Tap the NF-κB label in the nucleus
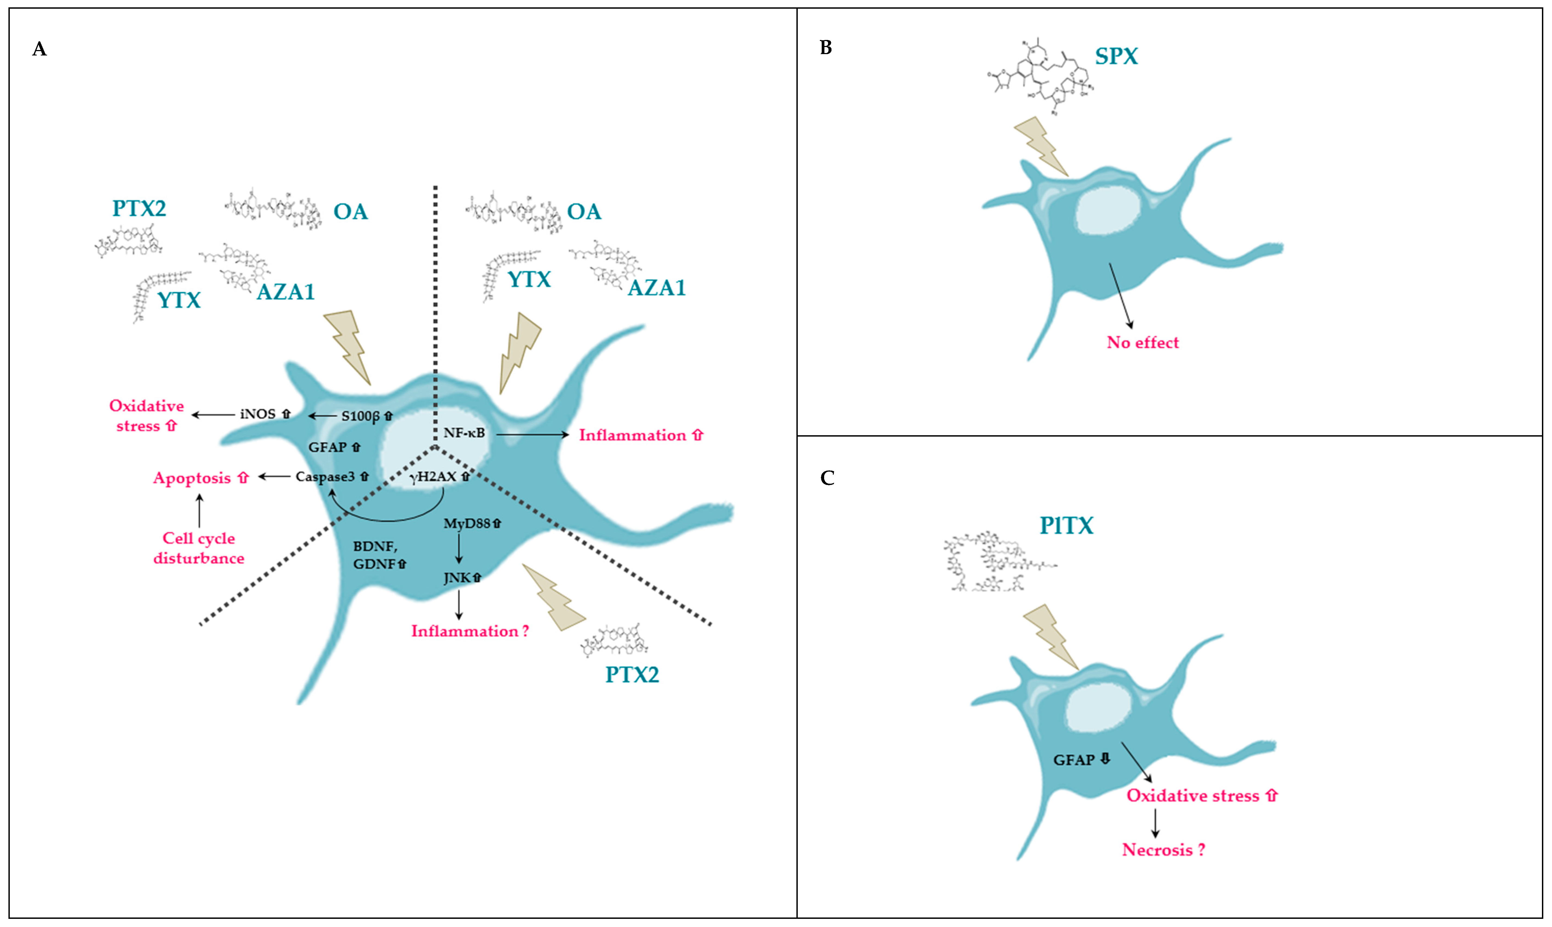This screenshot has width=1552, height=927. click(x=463, y=432)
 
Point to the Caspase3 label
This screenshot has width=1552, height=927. click(x=325, y=477)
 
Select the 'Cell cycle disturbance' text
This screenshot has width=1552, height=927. click(x=199, y=548)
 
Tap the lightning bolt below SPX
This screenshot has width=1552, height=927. click(x=1040, y=147)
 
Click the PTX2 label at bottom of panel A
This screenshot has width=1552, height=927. click(x=632, y=675)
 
